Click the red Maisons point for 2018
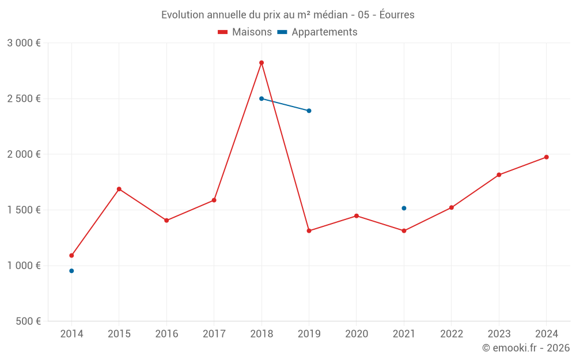point(262,63)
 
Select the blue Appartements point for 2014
point(71,271)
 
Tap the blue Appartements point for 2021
point(404,208)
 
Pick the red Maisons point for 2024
point(546,157)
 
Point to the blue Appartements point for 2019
point(309,111)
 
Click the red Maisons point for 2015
point(119,189)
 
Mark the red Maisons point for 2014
point(71,255)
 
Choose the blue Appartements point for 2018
point(262,98)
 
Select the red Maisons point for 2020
point(357,216)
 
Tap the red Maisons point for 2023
point(499,175)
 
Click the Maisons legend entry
point(245,32)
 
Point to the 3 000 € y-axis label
point(24,43)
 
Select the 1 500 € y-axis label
point(24,210)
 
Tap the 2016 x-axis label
point(166,334)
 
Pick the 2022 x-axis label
point(452,334)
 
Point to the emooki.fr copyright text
point(526,348)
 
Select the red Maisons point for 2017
point(214,200)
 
